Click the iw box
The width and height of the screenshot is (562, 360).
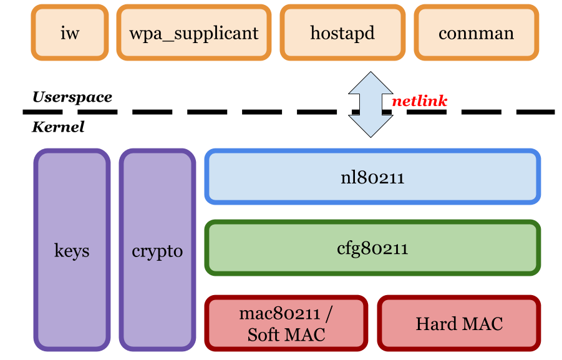coord(70,33)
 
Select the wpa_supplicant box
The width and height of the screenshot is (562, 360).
coord(193,33)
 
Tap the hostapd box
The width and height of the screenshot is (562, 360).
coord(342,33)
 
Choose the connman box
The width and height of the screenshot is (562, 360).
coord(476,33)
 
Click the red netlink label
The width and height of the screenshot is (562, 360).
coord(419,101)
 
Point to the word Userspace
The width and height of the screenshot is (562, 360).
coord(72,97)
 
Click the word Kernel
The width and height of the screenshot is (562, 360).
coord(58,127)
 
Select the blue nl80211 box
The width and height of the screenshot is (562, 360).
coord(372,177)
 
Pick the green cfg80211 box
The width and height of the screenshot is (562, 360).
coord(372,248)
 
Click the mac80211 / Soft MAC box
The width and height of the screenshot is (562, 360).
coord(286,323)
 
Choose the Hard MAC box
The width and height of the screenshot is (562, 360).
coord(459,323)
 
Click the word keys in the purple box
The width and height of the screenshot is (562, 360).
coord(72,251)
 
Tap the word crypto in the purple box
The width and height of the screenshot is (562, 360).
coord(157,251)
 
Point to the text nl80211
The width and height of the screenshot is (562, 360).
coord(372,178)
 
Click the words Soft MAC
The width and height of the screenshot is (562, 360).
coord(286,334)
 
